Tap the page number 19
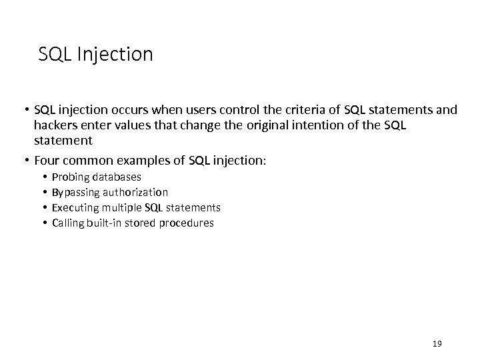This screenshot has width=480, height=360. click(x=437, y=344)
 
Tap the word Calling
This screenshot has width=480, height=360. click(x=67, y=223)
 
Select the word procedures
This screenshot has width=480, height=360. click(x=187, y=223)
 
